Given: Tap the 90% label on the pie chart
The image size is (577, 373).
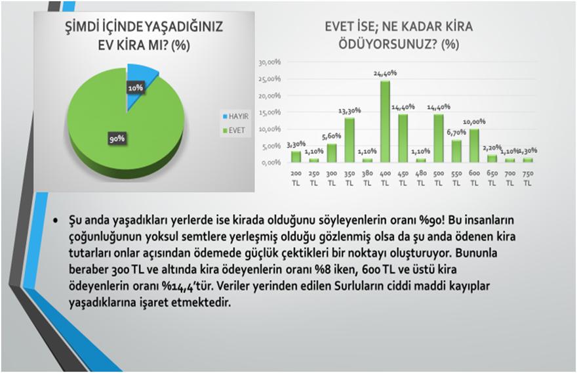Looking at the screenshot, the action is pyautogui.click(x=117, y=139).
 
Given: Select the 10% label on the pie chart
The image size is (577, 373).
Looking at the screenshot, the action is pyautogui.click(x=136, y=88).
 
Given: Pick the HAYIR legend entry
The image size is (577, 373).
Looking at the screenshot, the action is pyautogui.click(x=235, y=116).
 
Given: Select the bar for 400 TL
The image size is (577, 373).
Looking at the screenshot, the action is pyautogui.click(x=385, y=121).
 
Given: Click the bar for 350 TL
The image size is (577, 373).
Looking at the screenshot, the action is pyautogui.click(x=349, y=140).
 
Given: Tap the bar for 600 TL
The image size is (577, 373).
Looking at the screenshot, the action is pyautogui.click(x=474, y=146).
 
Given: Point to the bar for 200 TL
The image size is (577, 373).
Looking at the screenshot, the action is pyautogui.click(x=296, y=157).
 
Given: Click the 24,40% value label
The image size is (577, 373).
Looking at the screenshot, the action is pyautogui.click(x=385, y=74).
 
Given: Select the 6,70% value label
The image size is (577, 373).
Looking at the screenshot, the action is pyautogui.click(x=456, y=132).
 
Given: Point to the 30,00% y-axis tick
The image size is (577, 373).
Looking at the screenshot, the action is pyautogui.click(x=269, y=62).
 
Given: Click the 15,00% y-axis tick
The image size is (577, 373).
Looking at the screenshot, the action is pyautogui.click(x=269, y=112).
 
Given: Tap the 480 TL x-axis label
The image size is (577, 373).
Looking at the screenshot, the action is pyautogui.click(x=420, y=178).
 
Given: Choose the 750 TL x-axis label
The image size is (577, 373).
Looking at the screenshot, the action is pyautogui.click(x=528, y=178).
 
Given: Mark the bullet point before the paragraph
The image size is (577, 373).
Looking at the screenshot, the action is pyautogui.click(x=56, y=221).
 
